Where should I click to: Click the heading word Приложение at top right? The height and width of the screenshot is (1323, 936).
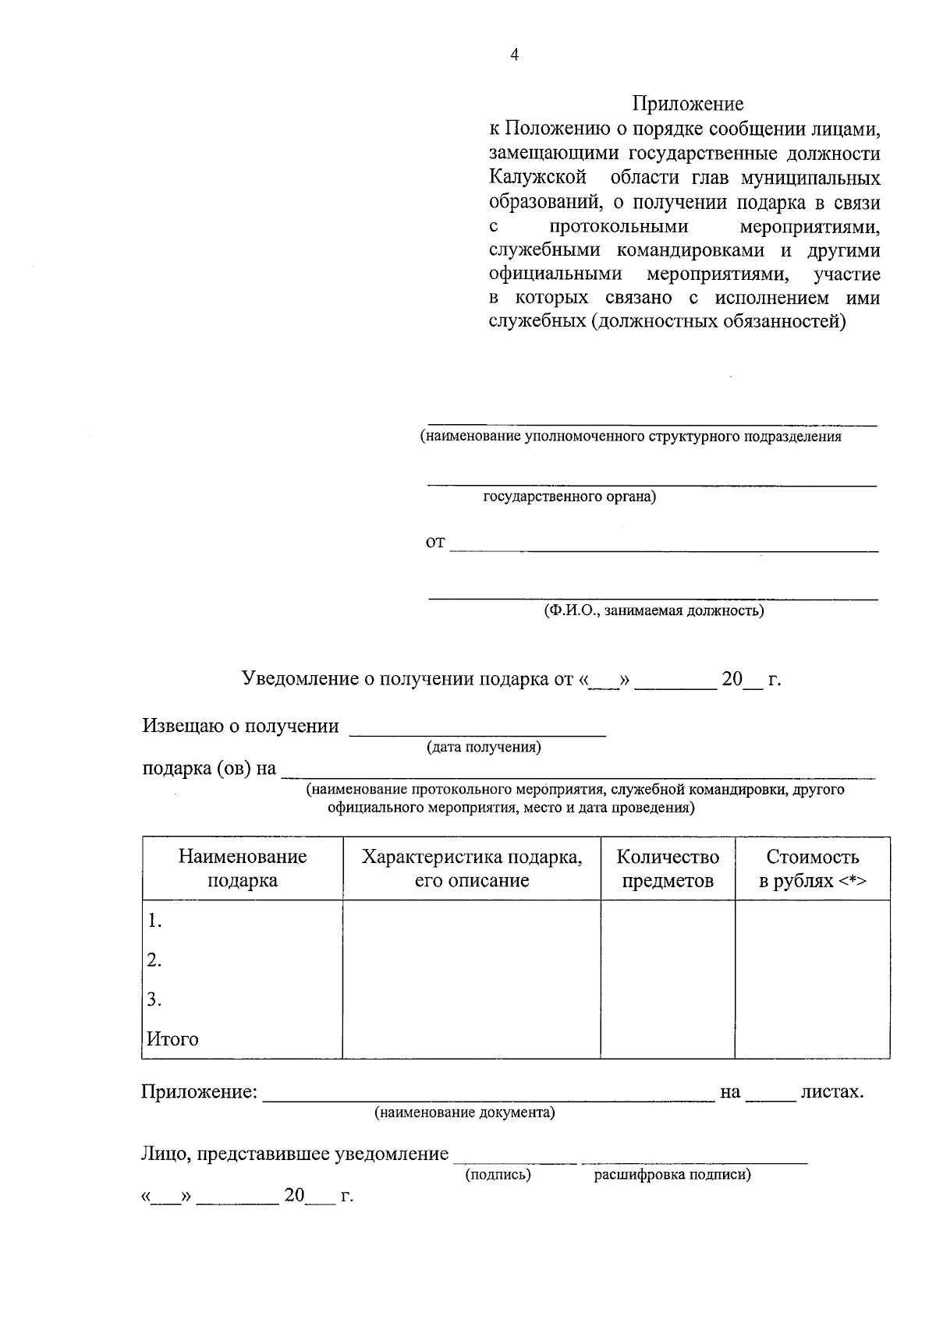tap(687, 104)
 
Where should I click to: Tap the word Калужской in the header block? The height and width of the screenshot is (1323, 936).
tap(537, 178)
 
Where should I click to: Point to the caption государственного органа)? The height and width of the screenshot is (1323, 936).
tap(569, 497)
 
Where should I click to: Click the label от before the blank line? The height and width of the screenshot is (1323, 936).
tap(434, 542)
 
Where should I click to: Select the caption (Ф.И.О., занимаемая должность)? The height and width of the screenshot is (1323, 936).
tap(654, 610)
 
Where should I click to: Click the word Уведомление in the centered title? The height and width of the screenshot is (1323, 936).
tap(300, 679)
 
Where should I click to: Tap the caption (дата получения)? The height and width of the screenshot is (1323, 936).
tap(484, 748)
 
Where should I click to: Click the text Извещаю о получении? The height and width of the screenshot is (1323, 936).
tap(240, 726)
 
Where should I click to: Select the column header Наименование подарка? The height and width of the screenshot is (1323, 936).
tap(243, 868)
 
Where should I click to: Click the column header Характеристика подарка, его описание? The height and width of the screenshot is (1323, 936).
tap(472, 868)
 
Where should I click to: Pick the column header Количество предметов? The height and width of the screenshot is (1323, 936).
tap(668, 868)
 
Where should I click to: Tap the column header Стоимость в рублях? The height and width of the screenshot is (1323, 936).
tap(813, 868)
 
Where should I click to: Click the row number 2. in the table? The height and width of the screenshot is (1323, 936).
tap(154, 960)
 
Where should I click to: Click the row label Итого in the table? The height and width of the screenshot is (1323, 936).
tap(172, 1039)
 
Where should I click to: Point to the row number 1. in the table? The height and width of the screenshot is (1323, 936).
tap(154, 921)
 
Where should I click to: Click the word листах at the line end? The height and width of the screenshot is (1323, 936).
tap(831, 1091)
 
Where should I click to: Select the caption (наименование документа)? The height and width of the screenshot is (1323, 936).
tap(465, 1113)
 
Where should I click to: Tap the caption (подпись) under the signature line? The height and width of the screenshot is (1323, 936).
tap(498, 1175)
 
